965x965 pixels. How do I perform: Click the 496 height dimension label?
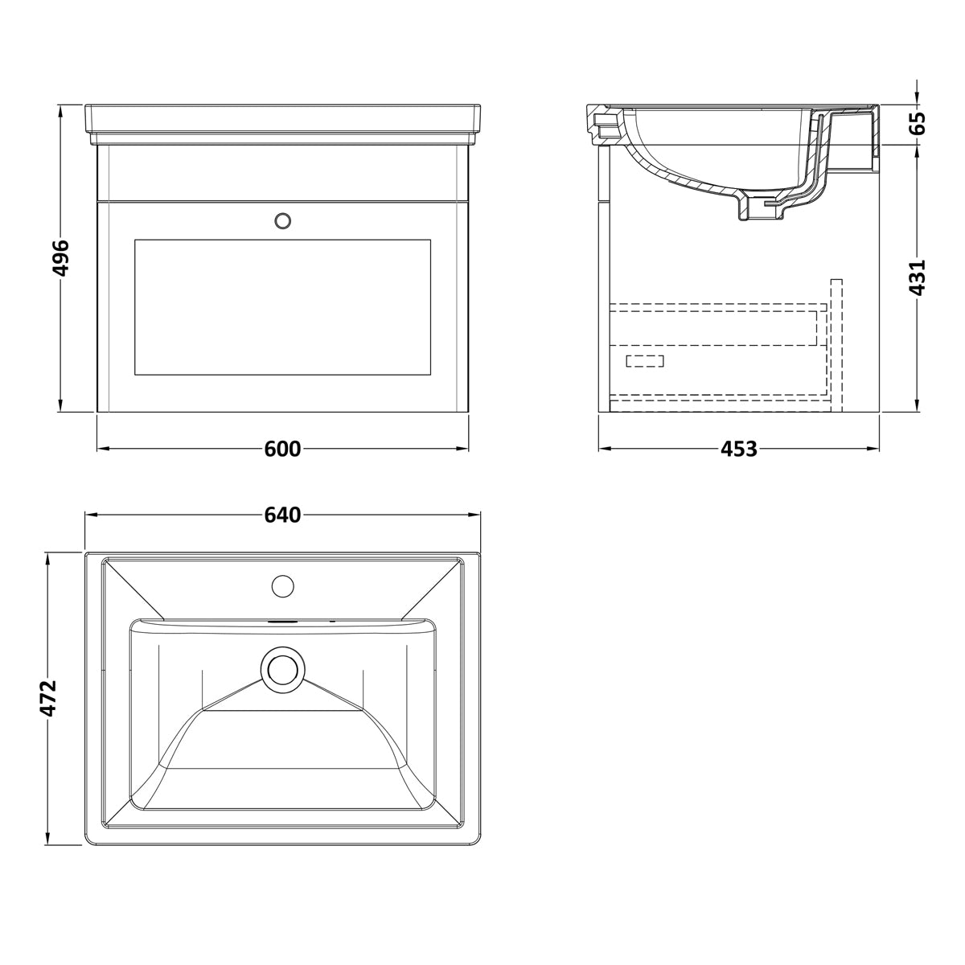tap(60, 258)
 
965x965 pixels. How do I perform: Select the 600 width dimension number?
tap(282, 450)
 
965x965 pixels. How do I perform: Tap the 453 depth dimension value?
tap(739, 450)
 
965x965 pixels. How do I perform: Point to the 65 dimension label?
tap(917, 123)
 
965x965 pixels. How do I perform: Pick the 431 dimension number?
tap(917, 278)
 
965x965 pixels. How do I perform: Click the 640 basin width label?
tap(282, 515)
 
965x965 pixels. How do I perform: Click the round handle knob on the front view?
tap(283, 221)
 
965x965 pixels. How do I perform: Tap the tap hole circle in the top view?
tap(282, 586)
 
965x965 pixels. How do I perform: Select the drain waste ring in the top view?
tap(282, 669)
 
